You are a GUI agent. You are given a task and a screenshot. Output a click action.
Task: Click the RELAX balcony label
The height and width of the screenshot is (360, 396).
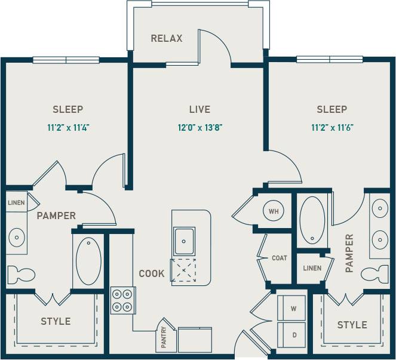[x=167, y=39]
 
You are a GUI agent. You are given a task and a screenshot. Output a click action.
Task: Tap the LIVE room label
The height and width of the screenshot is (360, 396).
[x=199, y=109]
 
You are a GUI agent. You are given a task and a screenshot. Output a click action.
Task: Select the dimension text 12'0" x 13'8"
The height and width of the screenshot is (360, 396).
[x=199, y=127]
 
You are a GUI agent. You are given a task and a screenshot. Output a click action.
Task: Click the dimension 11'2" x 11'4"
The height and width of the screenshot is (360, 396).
[x=67, y=127]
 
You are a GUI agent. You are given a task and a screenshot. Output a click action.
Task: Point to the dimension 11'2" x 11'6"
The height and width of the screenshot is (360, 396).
[x=331, y=127]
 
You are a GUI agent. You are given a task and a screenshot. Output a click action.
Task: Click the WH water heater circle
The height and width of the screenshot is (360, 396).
[x=274, y=211]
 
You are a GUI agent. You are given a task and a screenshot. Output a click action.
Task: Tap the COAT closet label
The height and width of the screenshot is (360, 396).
[x=279, y=258]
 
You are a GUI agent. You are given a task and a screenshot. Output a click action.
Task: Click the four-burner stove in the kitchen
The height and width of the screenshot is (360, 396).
[x=122, y=300]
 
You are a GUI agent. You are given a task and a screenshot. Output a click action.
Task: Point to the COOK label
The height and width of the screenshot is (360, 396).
[x=151, y=273]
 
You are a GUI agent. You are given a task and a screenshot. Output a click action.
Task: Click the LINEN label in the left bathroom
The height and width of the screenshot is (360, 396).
[x=16, y=202]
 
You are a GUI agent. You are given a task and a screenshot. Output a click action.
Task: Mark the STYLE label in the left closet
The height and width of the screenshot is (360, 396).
[x=56, y=321]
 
